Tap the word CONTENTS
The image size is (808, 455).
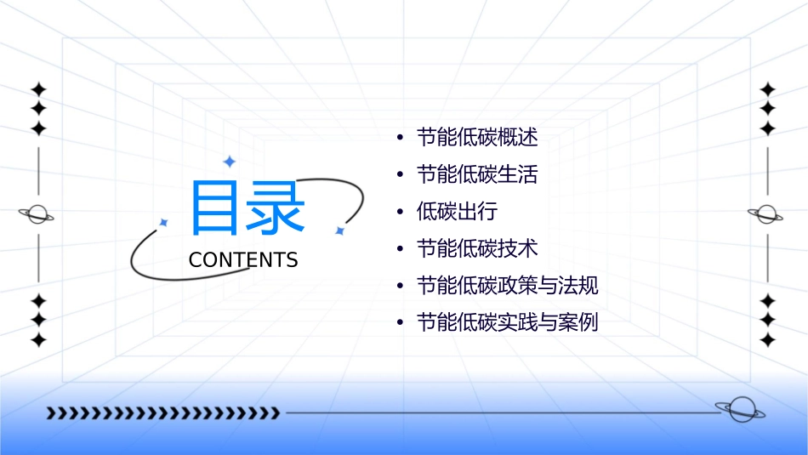tap(243, 259)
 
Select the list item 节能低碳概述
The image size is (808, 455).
tap(476, 138)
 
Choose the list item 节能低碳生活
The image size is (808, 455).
tap(476, 175)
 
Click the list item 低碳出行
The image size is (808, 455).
tap(456, 212)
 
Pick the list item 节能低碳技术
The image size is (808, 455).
tap(476, 248)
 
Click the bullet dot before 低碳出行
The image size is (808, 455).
tap(400, 213)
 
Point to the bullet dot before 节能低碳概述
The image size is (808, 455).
tap(400, 139)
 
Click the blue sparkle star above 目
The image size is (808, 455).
tap(229, 161)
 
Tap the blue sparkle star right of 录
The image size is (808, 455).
tap(339, 230)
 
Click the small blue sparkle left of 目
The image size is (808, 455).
tap(164, 222)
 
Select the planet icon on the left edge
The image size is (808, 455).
tap(37, 214)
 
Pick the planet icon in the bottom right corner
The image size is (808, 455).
tap(739, 410)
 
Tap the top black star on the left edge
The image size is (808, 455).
tap(37, 89)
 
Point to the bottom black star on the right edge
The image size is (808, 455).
tap(768, 340)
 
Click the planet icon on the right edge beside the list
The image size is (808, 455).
tap(766, 214)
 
